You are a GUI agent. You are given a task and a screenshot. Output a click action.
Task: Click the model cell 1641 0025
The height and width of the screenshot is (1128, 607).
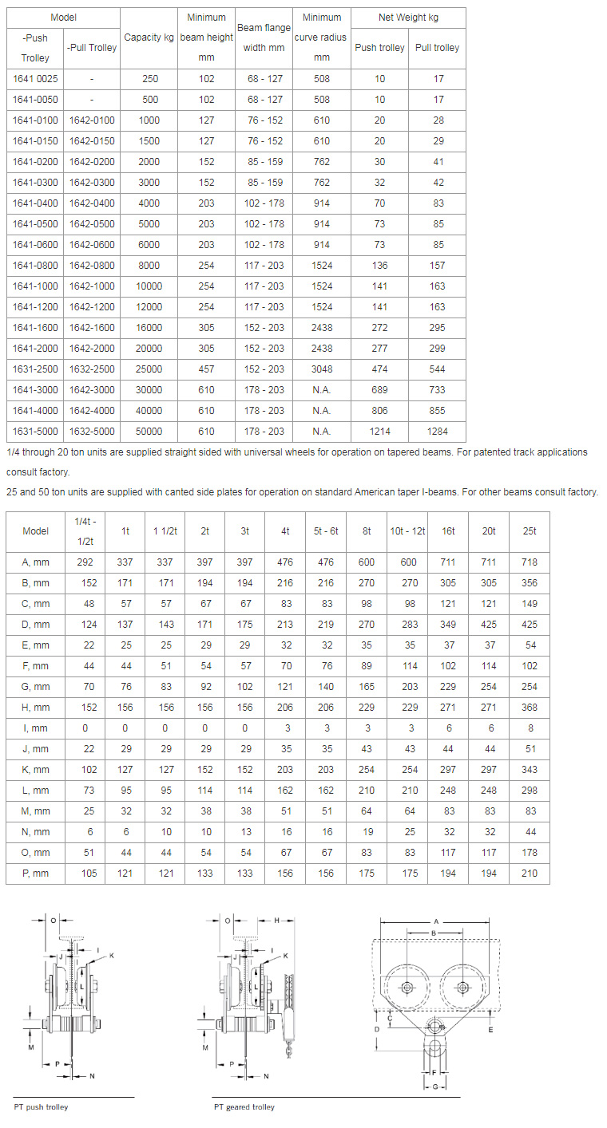point(35,79)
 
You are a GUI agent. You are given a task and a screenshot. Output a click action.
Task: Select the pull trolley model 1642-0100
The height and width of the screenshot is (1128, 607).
point(92,120)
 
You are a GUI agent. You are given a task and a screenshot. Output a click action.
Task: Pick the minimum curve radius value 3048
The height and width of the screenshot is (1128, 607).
point(321,369)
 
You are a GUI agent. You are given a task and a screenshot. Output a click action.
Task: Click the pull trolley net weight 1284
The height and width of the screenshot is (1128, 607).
point(437,432)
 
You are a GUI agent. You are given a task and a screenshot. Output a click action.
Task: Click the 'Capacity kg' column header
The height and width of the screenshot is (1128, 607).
point(149,37)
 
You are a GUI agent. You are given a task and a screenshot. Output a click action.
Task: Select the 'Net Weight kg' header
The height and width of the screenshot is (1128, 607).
point(408,18)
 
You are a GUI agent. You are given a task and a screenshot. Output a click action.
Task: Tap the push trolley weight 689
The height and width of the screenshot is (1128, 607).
point(379,390)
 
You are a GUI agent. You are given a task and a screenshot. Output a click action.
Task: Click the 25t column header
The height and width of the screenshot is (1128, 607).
point(529,530)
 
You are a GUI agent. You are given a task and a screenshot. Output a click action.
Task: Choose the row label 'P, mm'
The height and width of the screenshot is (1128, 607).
point(35,874)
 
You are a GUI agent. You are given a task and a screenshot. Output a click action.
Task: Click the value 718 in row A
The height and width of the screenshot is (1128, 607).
point(529,562)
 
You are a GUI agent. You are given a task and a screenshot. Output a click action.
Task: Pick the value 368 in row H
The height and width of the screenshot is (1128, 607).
point(529,708)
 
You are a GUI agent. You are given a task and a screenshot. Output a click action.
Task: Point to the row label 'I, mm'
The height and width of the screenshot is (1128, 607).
point(35,728)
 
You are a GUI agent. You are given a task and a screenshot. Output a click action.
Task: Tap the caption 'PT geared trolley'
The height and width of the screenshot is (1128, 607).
point(244,1107)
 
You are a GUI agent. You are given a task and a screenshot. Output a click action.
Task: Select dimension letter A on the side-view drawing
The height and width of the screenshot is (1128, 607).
point(435,921)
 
